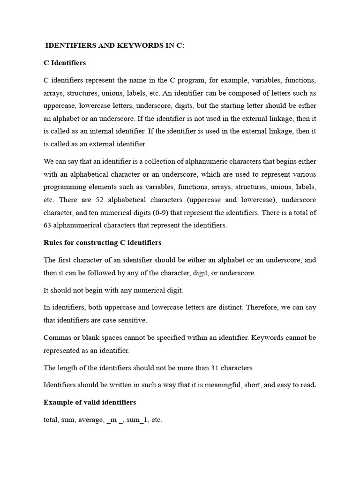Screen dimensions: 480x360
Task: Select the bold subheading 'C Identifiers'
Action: (x=65, y=62)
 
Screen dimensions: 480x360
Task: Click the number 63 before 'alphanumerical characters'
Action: (x=48, y=225)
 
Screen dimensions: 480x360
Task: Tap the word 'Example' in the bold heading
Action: (x=59, y=402)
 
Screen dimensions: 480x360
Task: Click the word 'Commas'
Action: (x=57, y=337)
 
